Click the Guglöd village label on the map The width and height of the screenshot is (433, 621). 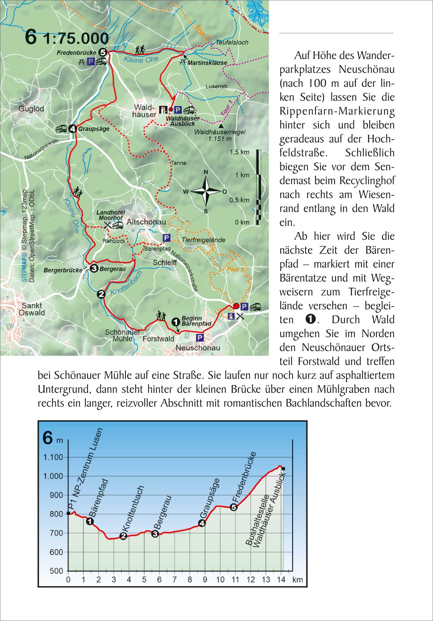pos(31,109)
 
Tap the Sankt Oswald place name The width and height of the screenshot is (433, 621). pos(32,309)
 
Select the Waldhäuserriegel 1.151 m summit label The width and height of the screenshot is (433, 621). pos(220,135)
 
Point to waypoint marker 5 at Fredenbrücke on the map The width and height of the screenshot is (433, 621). pos(102,52)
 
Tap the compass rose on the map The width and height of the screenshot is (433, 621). pos(206,191)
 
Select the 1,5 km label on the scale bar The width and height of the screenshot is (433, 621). pos(239,152)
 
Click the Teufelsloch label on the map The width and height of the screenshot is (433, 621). pos(232,42)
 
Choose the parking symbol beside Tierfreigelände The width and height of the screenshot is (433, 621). pos(166,237)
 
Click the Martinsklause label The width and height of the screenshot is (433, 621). pos(207,63)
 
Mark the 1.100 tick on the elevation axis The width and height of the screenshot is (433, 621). pos(53,457)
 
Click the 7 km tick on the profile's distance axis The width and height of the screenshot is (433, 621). pos(174,580)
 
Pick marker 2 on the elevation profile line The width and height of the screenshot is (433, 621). pos(123,536)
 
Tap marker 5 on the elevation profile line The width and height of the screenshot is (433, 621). pos(234,507)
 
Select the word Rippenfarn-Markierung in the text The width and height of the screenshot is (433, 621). pos(337,111)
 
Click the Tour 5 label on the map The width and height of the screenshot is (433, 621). pos(235,269)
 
